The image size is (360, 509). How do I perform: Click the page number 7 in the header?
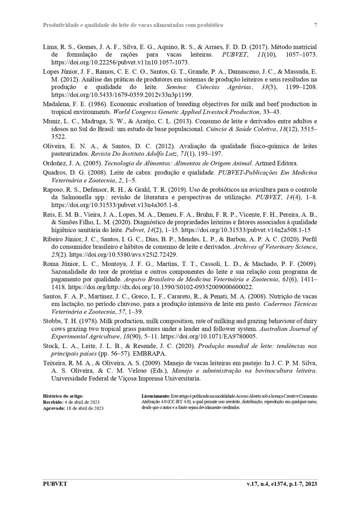click(315, 25)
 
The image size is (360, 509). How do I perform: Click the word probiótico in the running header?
click(209, 25)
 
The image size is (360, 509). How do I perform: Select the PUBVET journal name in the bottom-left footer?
click(55, 484)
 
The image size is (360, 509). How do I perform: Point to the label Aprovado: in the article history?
click(54, 408)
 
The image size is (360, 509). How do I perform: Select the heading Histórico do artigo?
click(63, 396)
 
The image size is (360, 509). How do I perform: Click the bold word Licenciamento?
click(156, 396)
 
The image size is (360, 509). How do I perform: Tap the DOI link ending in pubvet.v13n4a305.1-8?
click(115, 205)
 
